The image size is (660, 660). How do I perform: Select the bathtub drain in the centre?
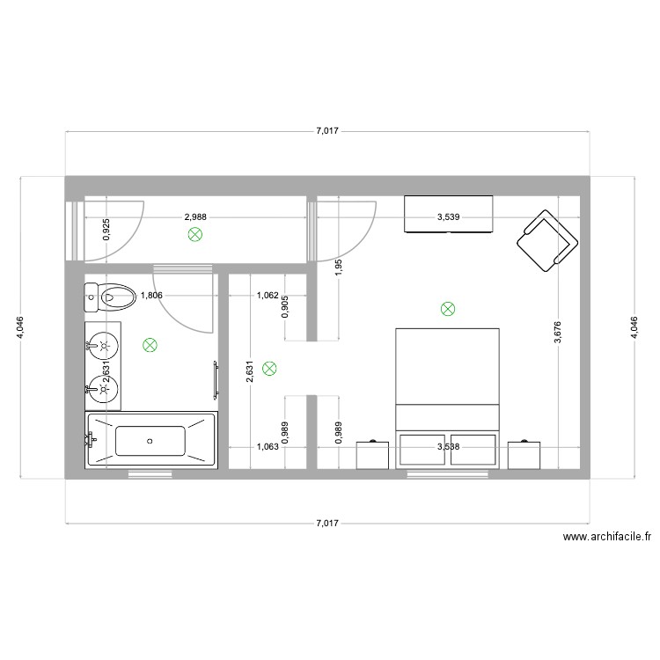tap(150, 440)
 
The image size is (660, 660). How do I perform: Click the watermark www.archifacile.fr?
tap(606, 536)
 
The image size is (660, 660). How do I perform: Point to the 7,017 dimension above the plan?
tap(326, 132)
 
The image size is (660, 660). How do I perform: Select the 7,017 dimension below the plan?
tap(326, 524)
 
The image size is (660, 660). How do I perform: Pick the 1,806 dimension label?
tap(152, 296)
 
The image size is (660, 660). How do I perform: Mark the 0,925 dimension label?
tap(106, 231)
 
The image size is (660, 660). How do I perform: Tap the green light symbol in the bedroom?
tap(448, 309)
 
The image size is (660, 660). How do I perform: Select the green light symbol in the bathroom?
tap(150, 346)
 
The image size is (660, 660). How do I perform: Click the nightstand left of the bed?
tap(373, 454)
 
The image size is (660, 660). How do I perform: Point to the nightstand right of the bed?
tap(524, 454)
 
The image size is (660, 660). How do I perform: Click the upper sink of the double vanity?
tap(103, 343)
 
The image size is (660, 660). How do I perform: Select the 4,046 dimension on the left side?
tap(19, 327)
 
